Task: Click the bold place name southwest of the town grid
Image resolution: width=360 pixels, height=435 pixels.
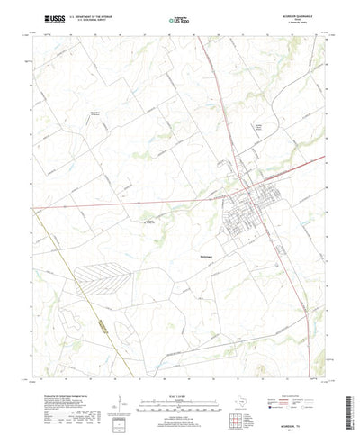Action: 205,254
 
